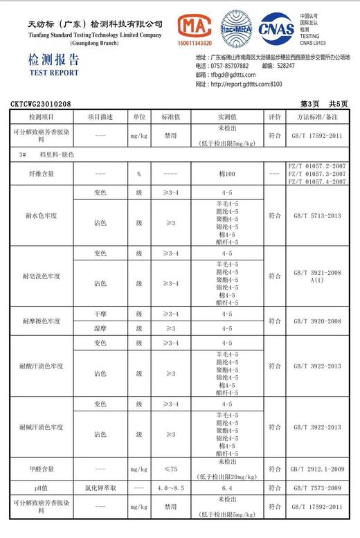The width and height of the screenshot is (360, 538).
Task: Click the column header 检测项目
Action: coord(41,117)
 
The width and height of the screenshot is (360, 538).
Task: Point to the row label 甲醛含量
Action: coord(41,469)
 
